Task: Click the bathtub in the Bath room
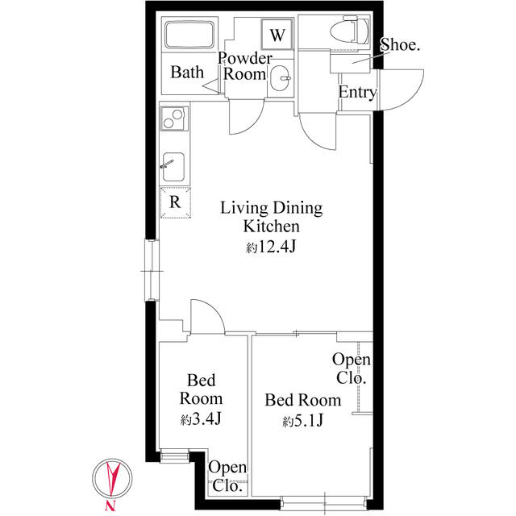189,35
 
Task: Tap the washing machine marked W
277,34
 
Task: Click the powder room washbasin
281,78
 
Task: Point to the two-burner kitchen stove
174,119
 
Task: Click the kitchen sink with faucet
173,167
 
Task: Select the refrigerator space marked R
176,202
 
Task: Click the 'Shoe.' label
400,44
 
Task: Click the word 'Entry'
357,92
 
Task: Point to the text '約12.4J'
271,247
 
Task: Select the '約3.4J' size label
201,419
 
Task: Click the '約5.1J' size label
303,421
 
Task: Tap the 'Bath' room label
187,72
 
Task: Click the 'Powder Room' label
245,66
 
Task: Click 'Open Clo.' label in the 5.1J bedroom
352,368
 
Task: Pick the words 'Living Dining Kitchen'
271,217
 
